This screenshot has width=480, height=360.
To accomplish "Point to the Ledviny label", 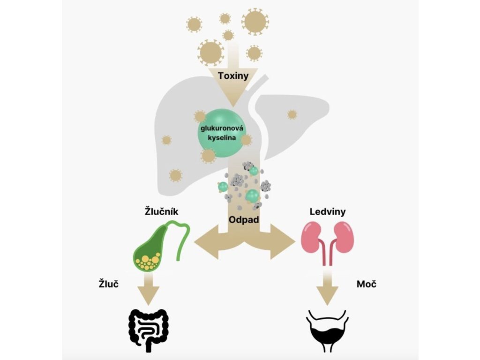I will tap(328, 212).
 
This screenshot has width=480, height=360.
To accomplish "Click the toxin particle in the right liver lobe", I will tap(292, 114).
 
